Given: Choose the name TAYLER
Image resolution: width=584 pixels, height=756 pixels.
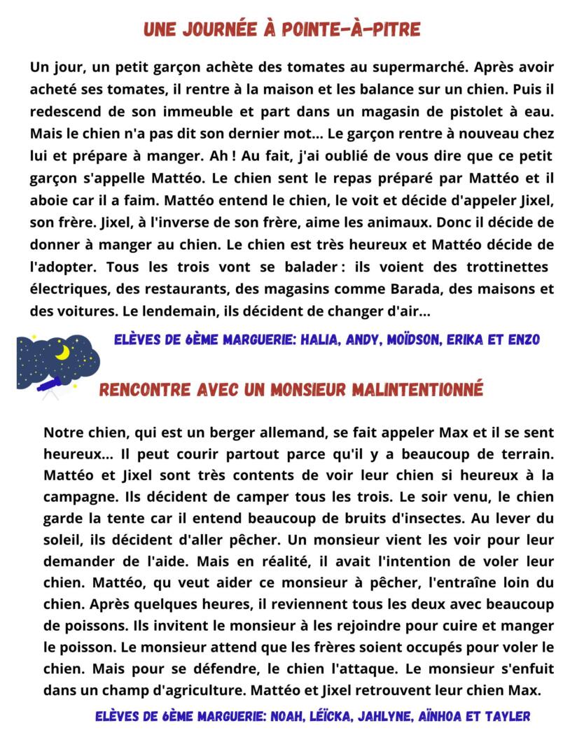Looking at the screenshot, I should click(505, 717).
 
